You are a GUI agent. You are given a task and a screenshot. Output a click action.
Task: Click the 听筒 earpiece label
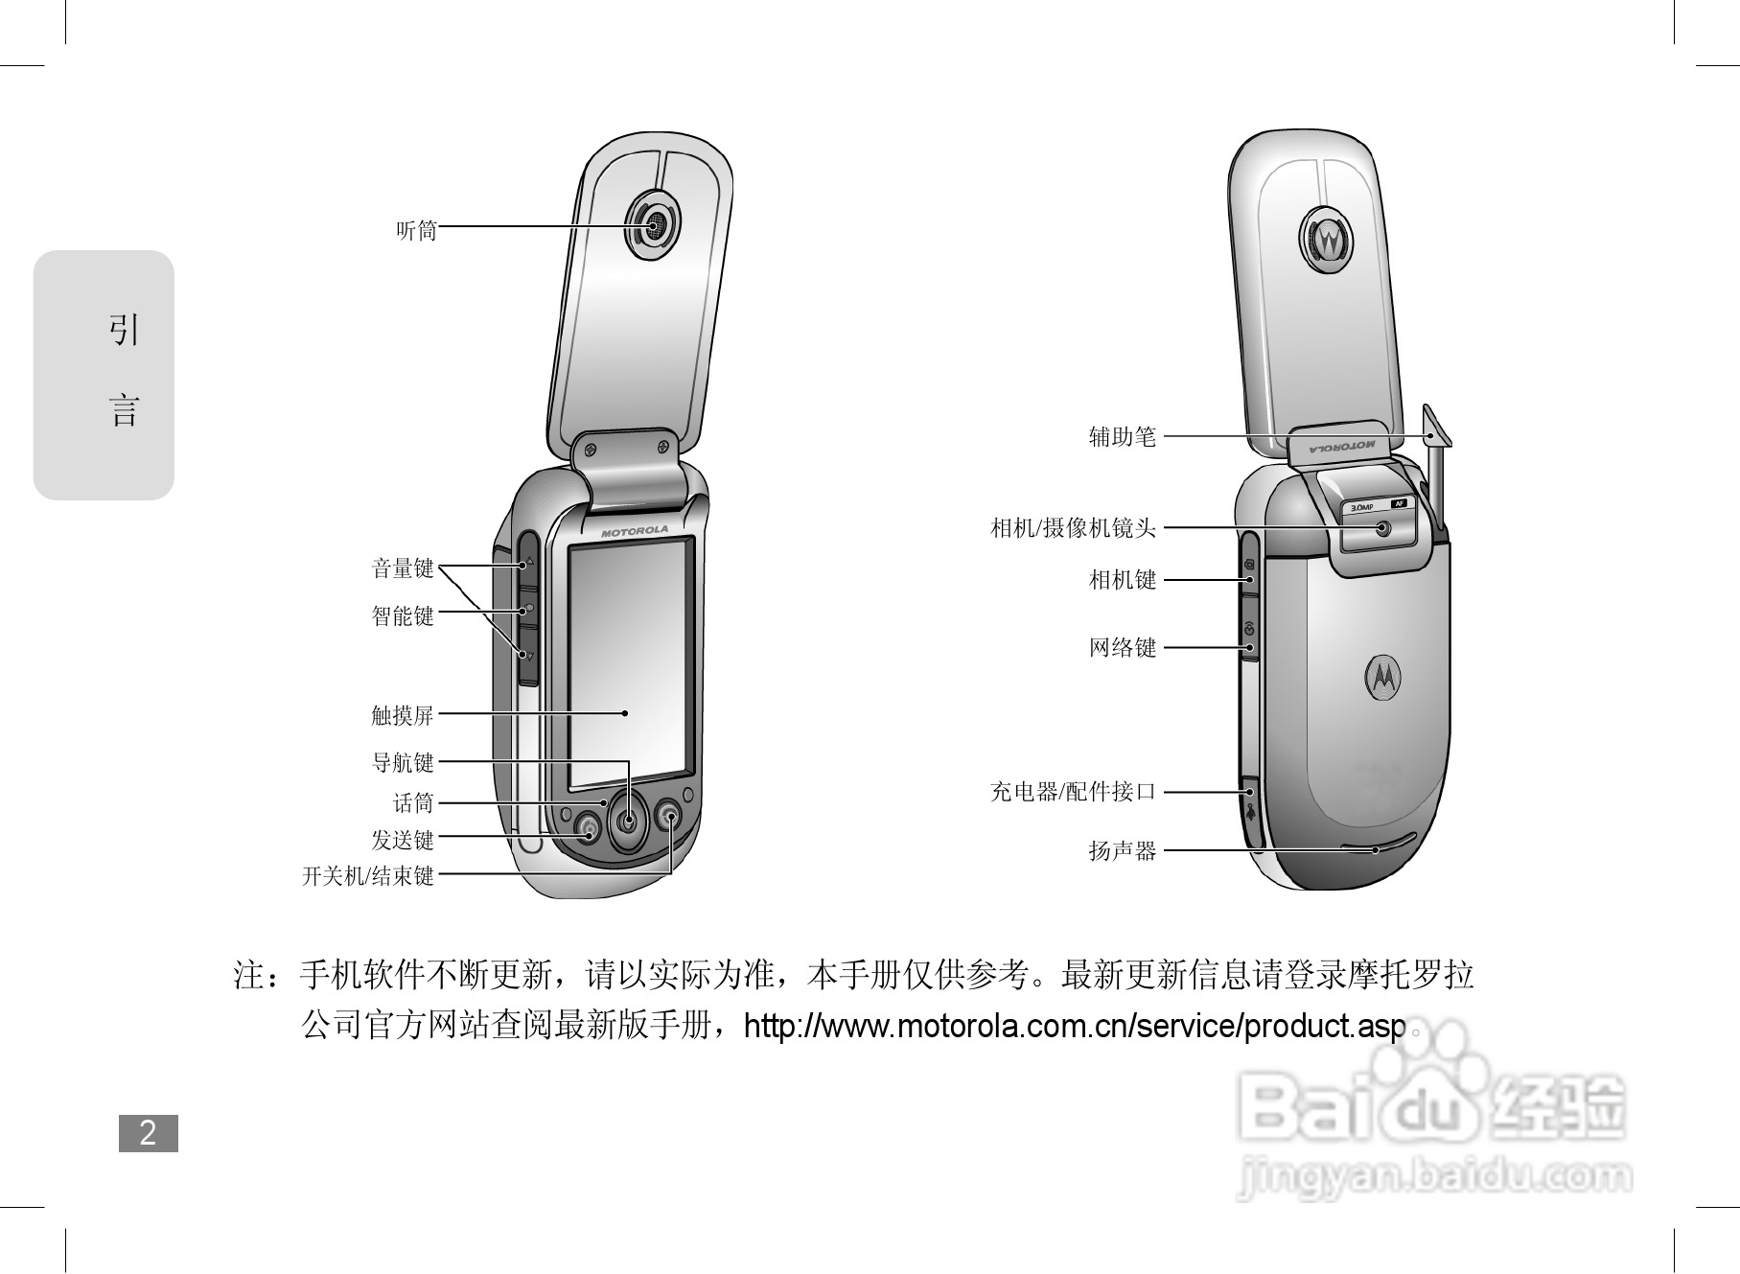pyautogui.click(x=416, y=230)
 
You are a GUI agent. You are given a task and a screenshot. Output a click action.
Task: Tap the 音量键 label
pyautogui.click(x=403, y=568)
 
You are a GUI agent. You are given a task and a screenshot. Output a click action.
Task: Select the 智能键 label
pyautogui.click(x=403, y=615)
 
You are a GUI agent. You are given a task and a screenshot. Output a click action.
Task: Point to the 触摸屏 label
pyautogui.click(x=403, y=715)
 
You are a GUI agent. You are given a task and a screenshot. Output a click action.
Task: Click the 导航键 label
pyautogui.click(x=403, y=763)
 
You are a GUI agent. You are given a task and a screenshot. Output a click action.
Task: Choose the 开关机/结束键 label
pyautogui.click(x=368, y=875)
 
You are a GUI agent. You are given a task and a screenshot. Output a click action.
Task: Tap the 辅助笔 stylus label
pyautogui.click(x=1122, y=437)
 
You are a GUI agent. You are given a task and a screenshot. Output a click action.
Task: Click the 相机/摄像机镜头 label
pyautogui.click(x=1073, y=528)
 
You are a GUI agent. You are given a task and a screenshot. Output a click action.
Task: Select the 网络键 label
pyautogui.click(x=1122, y=648)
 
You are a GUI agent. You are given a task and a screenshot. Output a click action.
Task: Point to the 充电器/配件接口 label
pyautogui.click(x=1073, y=792)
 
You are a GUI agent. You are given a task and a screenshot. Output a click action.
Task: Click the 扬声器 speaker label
pyautogui.click(x=1122, y=850)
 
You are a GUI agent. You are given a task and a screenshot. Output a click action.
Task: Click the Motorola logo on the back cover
pyautogui.click(x=1381, y=677)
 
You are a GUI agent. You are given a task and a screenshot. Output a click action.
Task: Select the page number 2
pyautogui.click(x=148, y=1133)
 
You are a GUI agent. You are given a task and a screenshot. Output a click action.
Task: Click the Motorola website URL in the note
pyautogui.click(x=1074, y=1027)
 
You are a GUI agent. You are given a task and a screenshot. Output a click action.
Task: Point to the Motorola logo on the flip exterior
pyautogui.click(x=1328, y=237)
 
